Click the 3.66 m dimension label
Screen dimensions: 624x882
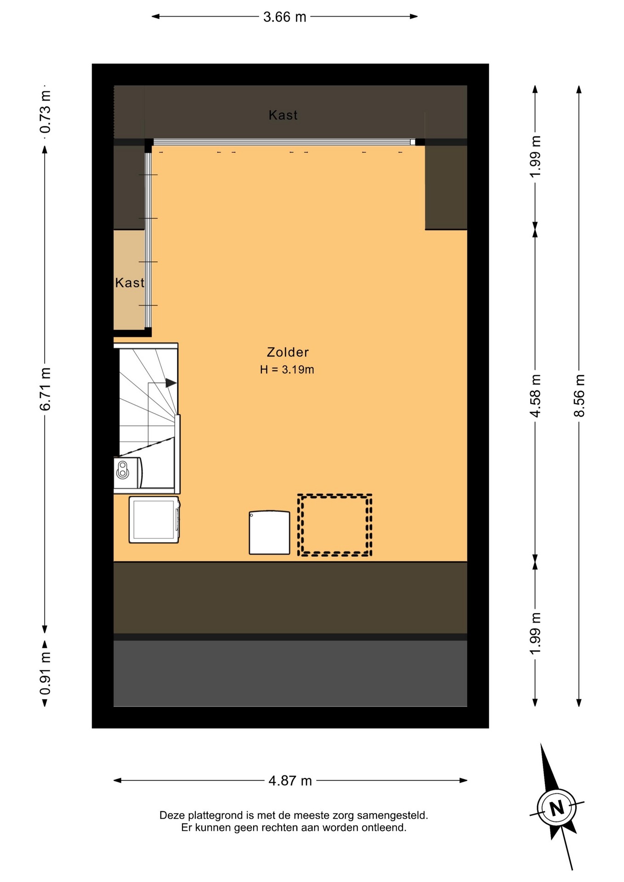(x=284, y=17)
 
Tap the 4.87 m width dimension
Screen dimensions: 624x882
(x=290, y=780)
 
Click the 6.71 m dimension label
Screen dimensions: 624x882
(x=45, y=389)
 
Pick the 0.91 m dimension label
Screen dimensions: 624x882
(x=45, y=674)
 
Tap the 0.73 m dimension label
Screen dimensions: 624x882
(x=45, y=112)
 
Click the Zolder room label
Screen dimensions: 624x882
(x=288, y=352)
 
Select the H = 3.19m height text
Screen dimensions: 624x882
(x=287, y=369)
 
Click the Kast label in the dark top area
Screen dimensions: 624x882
(x=283, y=115)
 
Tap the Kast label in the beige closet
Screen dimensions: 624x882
(x=130, y=283)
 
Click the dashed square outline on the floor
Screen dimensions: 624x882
(x=335, y=496)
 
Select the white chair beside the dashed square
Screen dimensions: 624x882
(x=269, y=532)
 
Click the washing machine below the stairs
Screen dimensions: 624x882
(x=154, y=520)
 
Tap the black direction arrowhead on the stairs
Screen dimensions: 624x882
(x=171, y=383)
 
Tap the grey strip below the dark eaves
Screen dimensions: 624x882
(x=290, y=673)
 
